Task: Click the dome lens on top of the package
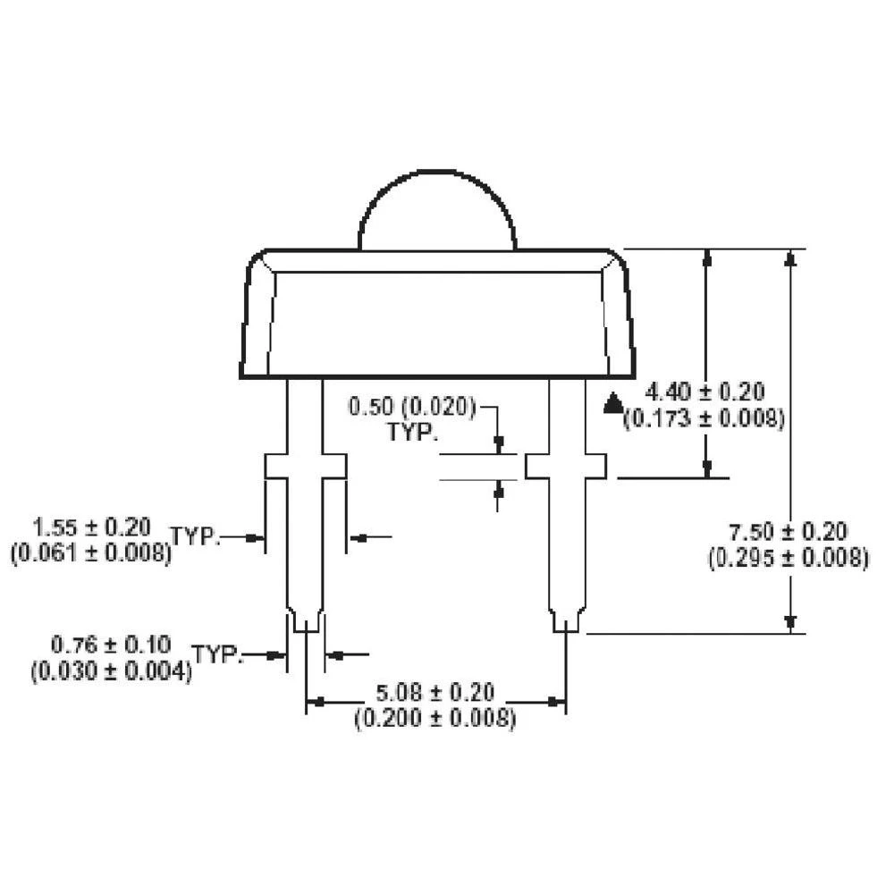(x=437, y=213)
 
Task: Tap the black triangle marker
(x=612, y=403)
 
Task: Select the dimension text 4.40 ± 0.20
(x=706, y=392)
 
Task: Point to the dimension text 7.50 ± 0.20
(x=788, y=533)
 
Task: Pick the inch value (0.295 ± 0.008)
(x=788, y=559)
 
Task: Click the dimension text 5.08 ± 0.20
(x=435, y=692)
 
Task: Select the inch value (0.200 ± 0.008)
(x=435, y=717)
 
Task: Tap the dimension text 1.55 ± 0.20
(x=91, y=526)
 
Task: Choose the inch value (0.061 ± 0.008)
(x=91, y=552)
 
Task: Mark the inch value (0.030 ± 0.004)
(x=111, y=670)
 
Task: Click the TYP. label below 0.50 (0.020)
(x=412, y=433)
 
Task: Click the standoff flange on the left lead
(x=306, y=466)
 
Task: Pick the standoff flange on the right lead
(x=566, y=466)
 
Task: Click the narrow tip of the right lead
(x=566, y=621)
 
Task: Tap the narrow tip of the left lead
(x=306, y=621)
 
